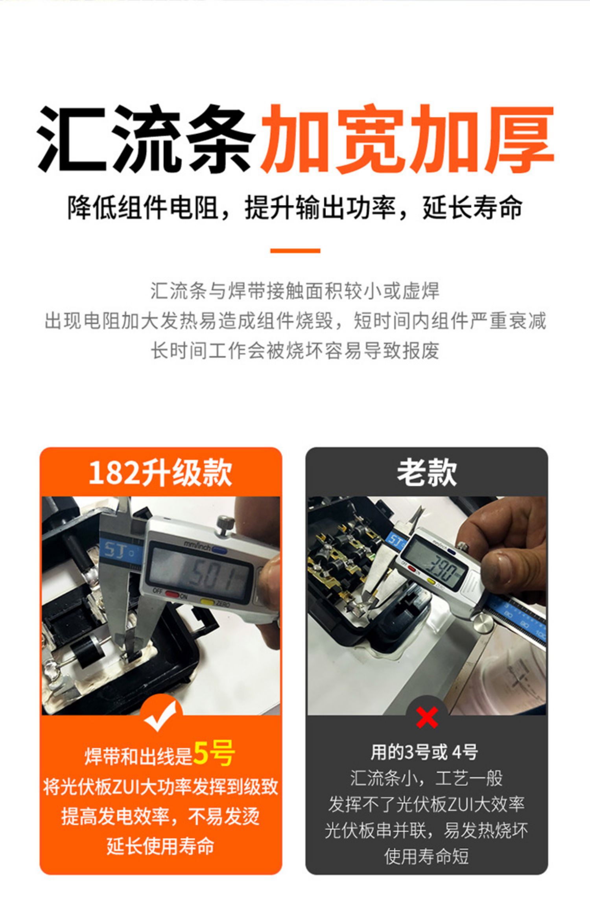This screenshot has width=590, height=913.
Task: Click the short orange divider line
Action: tap(295, 250)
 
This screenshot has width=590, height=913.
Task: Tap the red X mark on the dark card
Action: tap(427, 717)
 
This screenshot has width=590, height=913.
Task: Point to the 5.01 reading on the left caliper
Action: tap(212, 576)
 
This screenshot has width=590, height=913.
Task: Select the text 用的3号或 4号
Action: tap(424, 752)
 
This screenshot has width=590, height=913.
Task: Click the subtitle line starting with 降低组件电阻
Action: tap(295, 207)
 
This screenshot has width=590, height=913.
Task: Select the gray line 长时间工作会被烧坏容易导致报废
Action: tap(295, 350)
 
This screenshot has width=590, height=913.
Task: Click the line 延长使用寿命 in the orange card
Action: tap(160, 846)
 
